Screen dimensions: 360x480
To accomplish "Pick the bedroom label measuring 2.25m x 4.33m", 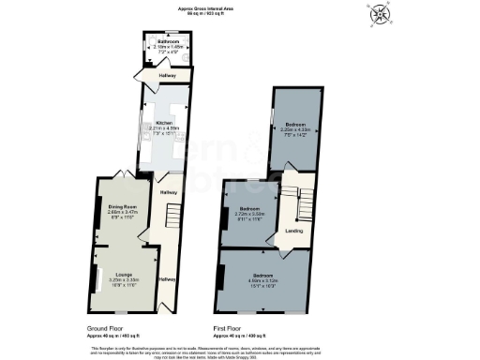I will click(295, 127).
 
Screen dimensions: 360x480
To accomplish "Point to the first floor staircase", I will click(291, 202).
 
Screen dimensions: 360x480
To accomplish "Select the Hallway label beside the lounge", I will click(166, 278).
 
